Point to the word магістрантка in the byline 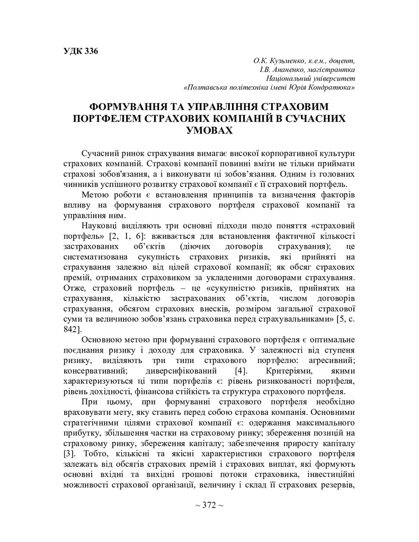pyautogui.click(x=333, y=69)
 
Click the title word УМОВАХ pyautogui.click(x=209, y=130)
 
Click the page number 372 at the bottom pyautogui.click(x=209, y=505)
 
